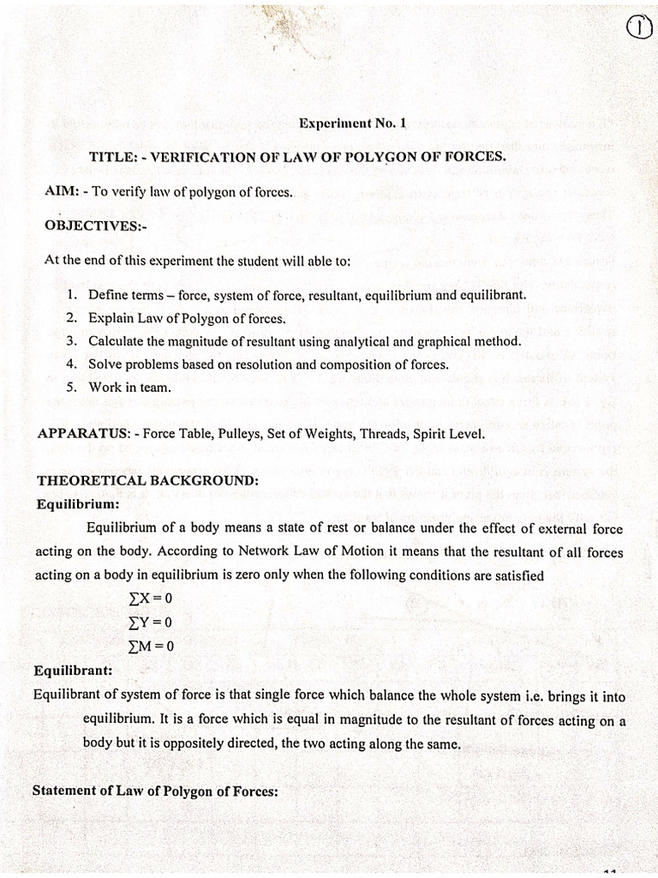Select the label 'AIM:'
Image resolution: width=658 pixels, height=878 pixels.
click(62, 192)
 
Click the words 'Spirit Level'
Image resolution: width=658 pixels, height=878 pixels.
click(448, 434)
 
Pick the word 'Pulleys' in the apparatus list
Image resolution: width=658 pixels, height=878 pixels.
click(231, 434)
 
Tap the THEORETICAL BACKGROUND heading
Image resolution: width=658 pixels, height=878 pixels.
click(147, 480)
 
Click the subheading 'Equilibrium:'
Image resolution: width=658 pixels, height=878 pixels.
click(78, 504)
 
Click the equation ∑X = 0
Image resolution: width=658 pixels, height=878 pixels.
click(150, 598)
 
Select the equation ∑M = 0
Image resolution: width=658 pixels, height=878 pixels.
click(150, 646)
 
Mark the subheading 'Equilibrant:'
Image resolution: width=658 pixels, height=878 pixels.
click(75, 671)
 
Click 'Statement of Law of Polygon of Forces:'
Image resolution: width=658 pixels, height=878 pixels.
click(155, 791)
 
